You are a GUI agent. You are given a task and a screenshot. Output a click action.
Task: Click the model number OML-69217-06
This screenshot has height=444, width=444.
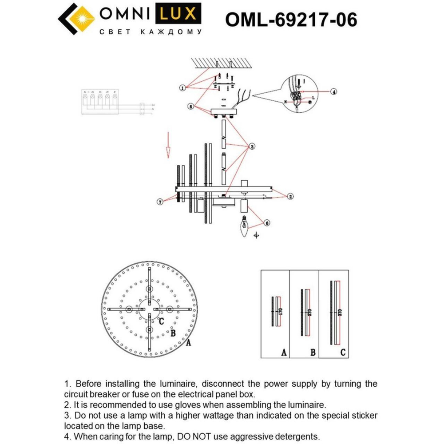point(291,20)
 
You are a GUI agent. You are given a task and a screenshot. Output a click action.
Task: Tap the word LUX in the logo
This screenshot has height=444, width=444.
point(178,15)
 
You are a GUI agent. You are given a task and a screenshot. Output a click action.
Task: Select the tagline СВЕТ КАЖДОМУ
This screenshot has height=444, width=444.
point(150,32)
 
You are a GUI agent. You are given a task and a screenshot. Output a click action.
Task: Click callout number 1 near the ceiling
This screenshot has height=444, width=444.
point(182,88)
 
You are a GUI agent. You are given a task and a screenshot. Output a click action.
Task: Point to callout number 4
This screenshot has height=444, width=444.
point(333,92)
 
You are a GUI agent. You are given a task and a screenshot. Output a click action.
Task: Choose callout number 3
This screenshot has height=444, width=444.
point(251,146)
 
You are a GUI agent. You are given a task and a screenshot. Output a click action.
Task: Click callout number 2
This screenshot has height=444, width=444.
point(290,196)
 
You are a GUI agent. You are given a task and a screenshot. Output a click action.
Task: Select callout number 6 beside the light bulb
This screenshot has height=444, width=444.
point(266,223)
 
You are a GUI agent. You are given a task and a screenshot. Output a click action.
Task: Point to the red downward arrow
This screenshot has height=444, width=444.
point(168,144)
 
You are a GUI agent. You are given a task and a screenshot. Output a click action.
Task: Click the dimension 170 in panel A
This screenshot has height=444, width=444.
point(280,311)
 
